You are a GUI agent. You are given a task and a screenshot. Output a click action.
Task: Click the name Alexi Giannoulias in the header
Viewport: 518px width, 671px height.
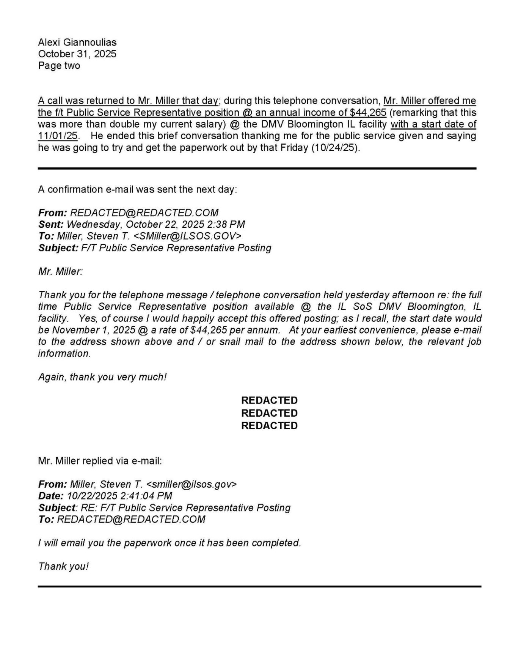tap(77, 42)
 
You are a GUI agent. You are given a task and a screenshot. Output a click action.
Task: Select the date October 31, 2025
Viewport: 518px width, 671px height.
tap(77, 54)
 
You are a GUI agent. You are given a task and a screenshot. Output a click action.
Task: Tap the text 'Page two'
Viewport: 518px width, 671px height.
tap(59, 66)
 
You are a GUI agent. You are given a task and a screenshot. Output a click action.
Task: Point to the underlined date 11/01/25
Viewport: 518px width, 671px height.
tap(58, 136)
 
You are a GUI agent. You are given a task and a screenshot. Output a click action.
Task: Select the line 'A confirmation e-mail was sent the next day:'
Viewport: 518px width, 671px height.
tap(137, 189)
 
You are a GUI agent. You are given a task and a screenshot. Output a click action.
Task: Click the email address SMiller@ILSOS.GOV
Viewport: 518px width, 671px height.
tap(187, 236)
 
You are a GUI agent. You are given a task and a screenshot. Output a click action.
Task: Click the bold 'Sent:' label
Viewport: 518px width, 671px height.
tap(51, 224)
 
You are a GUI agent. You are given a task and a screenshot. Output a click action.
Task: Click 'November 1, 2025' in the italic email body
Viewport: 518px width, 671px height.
tap(87, 330)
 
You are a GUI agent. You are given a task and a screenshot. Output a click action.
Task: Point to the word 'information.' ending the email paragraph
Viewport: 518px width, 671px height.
tap(65, 353)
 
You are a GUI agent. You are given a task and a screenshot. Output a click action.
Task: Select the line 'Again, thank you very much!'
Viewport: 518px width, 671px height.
tap(102, 377)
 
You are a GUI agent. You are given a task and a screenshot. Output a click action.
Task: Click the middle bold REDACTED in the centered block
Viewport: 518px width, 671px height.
tap(269, 413)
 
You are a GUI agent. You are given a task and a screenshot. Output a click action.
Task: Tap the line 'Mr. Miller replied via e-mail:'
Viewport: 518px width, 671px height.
tap(100, 461)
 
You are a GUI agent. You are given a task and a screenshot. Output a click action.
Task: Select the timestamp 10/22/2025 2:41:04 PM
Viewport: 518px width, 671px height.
tap(119, 496)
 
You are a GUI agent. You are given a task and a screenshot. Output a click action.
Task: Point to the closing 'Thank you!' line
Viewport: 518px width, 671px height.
tap(63, 567)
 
